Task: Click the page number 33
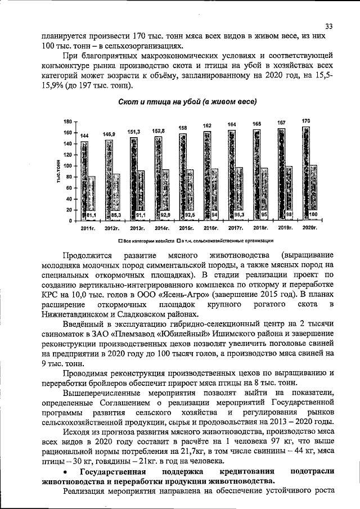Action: click(329, 25)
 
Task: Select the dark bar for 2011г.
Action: click(84, 180)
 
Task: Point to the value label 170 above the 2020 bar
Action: click(306, 121)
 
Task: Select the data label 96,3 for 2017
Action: click(239, 215)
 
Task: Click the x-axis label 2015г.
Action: click(186, 228)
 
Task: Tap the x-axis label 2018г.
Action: click(260, 228)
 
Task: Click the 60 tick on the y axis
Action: click(67, 188)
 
